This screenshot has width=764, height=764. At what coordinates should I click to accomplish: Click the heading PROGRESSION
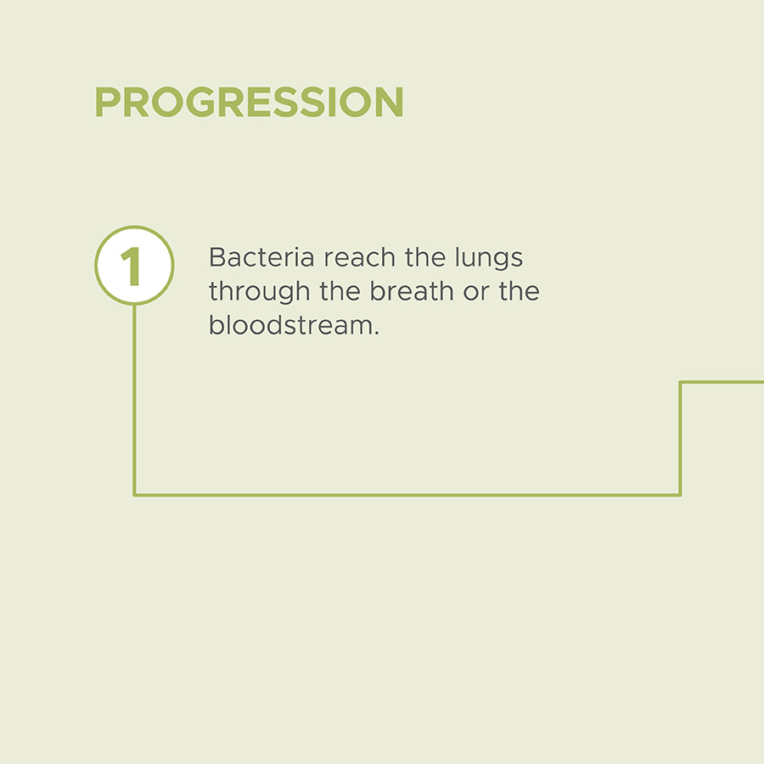(x=249, y=102)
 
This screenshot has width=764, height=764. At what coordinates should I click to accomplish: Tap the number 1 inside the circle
(x=131, y=266)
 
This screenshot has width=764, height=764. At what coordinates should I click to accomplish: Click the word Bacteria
(x=261, y=257)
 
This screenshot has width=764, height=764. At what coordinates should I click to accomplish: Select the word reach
(x=360, y=257)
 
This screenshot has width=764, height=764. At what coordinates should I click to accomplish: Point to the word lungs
(x=489, y=259)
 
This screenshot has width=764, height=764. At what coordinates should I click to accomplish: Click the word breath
(x=412, y=291)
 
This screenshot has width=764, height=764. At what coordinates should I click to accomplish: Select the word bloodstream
(x=290, y=325)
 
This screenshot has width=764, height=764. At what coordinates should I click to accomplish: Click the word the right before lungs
(x=425, y=257)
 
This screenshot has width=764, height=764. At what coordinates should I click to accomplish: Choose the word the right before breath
(x=340, y=291)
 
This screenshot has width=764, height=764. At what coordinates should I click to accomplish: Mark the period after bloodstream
(x=376, y=334)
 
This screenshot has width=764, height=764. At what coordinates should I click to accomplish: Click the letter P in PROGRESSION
(x=107, y=102)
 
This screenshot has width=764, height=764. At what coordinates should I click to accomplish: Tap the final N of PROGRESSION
(x=387, y=102)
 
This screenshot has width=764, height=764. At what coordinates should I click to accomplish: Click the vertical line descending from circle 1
(x=134, y=401)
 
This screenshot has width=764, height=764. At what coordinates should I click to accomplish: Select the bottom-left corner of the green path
(x=134, y=495)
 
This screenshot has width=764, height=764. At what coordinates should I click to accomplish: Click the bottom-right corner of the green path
(x=680, y=495)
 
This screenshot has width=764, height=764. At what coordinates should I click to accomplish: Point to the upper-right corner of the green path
(x=680, y=383)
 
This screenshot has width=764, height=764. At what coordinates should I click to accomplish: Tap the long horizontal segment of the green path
(x=407, y=495)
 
